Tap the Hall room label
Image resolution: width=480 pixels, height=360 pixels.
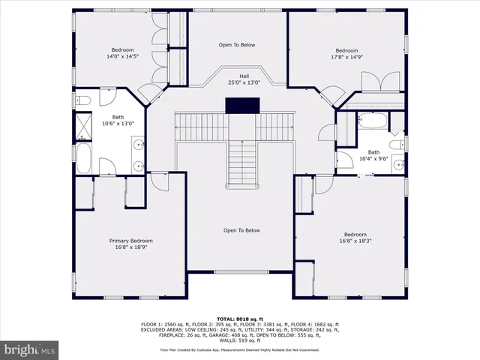pos(244,76)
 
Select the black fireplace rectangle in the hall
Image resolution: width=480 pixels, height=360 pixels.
pos(241,106)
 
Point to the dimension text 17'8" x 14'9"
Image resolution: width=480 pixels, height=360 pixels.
pos(351,56)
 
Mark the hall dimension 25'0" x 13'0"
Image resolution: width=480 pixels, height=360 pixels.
pos(244,82)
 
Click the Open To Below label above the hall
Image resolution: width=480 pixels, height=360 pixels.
pos(237,45)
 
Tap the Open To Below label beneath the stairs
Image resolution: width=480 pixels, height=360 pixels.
pos(241,230)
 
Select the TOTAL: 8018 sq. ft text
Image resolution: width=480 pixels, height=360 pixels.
pos(239,319)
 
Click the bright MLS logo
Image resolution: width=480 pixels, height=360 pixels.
pos(31,350)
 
